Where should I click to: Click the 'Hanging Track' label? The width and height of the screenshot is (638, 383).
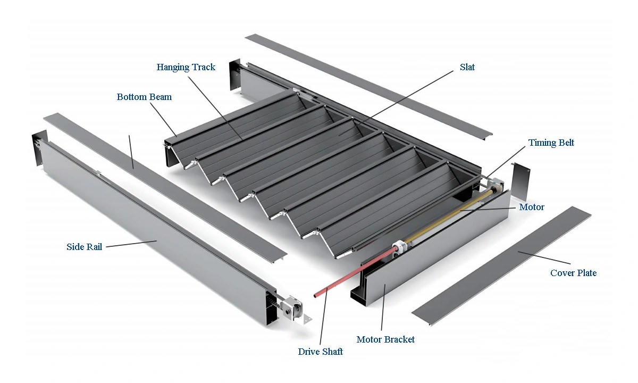(x=186, y=67)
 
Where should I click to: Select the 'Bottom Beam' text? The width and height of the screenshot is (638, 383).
(x=144, y=97)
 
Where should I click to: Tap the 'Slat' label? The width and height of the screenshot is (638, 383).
(x=467, y=67)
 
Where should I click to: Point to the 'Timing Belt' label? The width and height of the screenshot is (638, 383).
(x=551, y=143)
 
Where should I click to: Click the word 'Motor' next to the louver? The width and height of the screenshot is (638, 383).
(x=531, y=207)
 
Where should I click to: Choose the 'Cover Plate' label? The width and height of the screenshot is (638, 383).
(x=573, y=273)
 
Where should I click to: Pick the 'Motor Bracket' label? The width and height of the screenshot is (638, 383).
(x=385, y=339)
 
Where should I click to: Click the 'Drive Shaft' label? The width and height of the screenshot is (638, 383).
(x=320, y=352)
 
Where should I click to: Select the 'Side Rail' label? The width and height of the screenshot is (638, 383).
(x=84, y=247)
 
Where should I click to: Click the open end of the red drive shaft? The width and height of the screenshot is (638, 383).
(x=315, y=294)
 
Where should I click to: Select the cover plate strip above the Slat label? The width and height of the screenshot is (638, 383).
(x=372, y=85)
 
